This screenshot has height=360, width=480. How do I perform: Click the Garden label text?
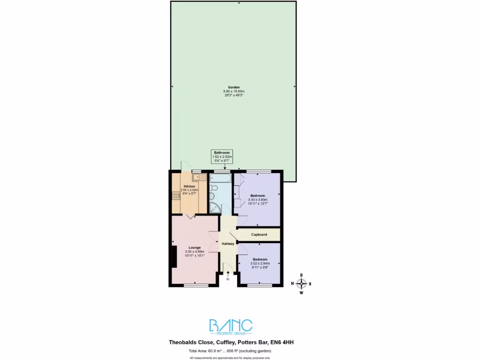tap(234, 88)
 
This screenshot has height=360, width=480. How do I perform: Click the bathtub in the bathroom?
tap(220, 178)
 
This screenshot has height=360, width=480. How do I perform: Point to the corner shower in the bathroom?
tap(214, 208)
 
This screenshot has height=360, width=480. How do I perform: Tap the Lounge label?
tap(195, 247)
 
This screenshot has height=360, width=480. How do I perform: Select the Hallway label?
tap(228, 244)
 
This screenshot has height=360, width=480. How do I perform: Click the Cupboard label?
tap(259, 234)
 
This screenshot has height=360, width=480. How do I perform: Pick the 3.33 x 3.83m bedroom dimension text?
tap(257, 200)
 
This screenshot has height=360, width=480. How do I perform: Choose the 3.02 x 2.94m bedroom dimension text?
tap(260, 264)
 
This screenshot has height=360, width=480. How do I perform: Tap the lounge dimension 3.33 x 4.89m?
tap(195, 252)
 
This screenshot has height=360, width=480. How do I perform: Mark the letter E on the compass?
tap(301, 275)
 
